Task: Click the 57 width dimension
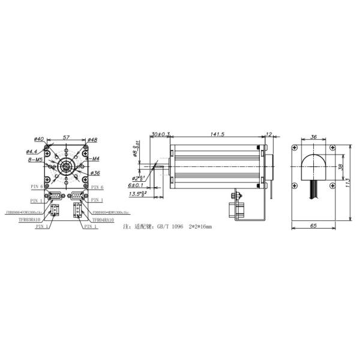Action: click(67, 137)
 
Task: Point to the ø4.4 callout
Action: click(32, 152)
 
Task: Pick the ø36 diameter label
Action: click(94, 173)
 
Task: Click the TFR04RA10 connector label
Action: click(103, 220)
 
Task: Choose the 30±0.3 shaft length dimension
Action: click(160, 134)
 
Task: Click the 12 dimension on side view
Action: click(268, 134)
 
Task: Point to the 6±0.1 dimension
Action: click(137, 186)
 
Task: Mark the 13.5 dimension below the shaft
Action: click(139, 194)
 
